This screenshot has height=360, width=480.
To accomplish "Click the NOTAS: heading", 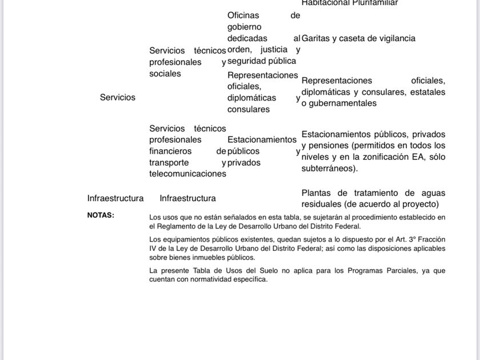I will pos(101,215).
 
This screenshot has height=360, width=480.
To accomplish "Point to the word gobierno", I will pos(244,27).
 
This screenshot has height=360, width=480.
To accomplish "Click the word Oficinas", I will pos(243,15).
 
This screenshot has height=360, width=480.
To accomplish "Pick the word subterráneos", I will pos(329,169).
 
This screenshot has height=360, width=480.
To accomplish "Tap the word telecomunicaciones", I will pos(187,174).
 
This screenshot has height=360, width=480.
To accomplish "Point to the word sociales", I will pos(165,74).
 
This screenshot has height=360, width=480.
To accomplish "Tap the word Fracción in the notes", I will pos(431,240).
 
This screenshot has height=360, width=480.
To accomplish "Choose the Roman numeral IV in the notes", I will pos(153,249).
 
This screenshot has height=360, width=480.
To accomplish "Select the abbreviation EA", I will pos(413,157).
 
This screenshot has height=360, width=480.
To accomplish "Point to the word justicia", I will pos(274,50).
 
